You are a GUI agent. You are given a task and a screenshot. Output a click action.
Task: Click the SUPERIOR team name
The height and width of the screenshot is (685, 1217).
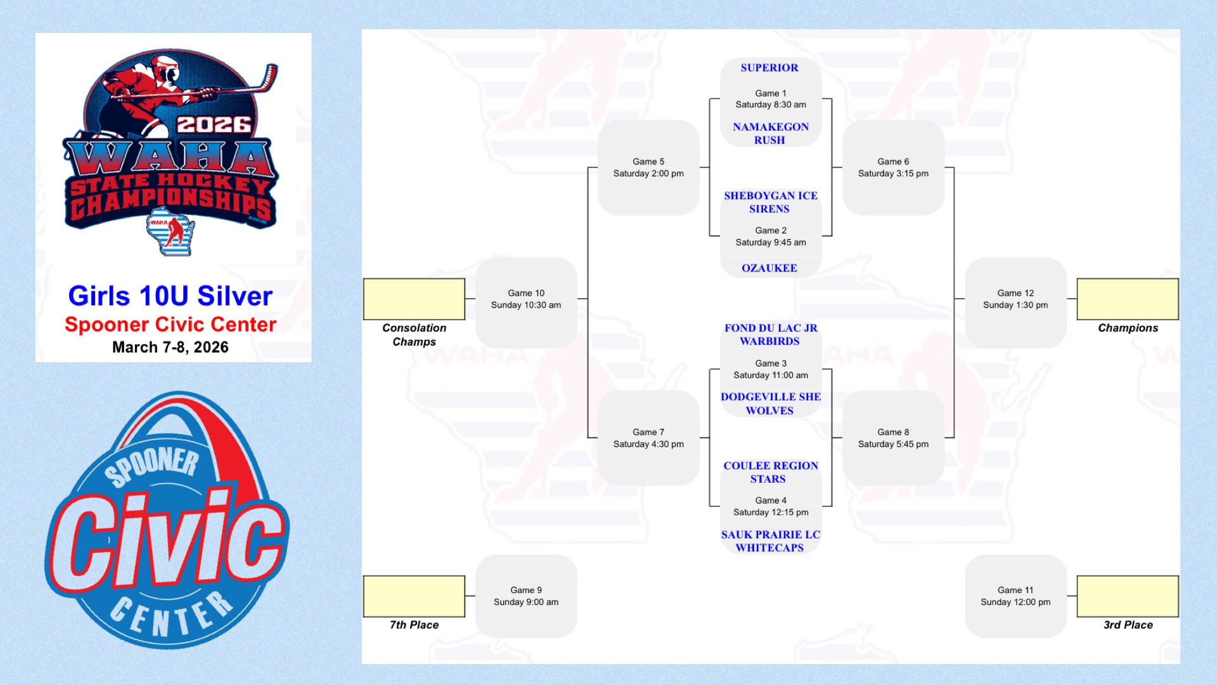click(769, 68)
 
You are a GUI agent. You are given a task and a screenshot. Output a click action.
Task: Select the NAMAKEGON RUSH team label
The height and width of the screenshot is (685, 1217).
click(770, 133)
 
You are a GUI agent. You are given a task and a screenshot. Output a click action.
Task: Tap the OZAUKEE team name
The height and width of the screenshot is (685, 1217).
click(769, 268)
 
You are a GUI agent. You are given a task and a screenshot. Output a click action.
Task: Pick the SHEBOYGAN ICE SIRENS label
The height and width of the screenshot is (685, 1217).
click(770, 202)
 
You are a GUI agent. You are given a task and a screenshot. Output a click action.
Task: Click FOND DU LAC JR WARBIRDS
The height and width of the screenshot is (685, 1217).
click(770, 334)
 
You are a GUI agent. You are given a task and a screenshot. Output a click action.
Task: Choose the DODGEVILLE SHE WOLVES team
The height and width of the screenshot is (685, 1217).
click(770, 403)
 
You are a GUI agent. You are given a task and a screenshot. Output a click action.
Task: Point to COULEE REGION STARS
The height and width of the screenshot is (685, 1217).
click(770, 472)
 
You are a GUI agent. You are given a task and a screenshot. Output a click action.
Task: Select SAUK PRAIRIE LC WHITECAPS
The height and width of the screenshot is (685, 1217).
click(770, 541)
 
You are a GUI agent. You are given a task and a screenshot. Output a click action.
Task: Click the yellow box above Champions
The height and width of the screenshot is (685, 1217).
click(1128, 299)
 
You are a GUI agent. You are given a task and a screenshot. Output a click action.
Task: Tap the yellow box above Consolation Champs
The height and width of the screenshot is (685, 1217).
click(414, 299)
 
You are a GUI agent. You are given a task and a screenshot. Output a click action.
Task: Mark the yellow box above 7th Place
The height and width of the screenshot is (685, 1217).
click(414, 596)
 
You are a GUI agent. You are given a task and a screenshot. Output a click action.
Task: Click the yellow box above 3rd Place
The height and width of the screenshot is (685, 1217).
click(1128, 596)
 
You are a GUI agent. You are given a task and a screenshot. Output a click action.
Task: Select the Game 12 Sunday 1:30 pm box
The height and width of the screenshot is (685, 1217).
click(1015, 302)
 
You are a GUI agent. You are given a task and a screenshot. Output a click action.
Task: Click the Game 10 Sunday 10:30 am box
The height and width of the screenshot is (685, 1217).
click(526, 302)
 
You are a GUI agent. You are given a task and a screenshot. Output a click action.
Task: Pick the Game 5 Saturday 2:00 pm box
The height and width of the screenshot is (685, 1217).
click(648, 168)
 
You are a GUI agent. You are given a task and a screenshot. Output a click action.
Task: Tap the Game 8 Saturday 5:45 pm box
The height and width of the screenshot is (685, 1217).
click(893, 438)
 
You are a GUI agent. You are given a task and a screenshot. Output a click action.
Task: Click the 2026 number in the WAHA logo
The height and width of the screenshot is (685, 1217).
click(214, 124)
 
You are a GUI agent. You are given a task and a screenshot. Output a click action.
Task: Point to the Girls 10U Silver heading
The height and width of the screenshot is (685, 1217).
click(171, 296)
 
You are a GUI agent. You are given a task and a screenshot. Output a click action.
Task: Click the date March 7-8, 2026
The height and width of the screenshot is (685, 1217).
click(171, 348)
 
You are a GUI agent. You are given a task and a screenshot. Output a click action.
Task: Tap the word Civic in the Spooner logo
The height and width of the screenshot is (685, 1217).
click(168, 539)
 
